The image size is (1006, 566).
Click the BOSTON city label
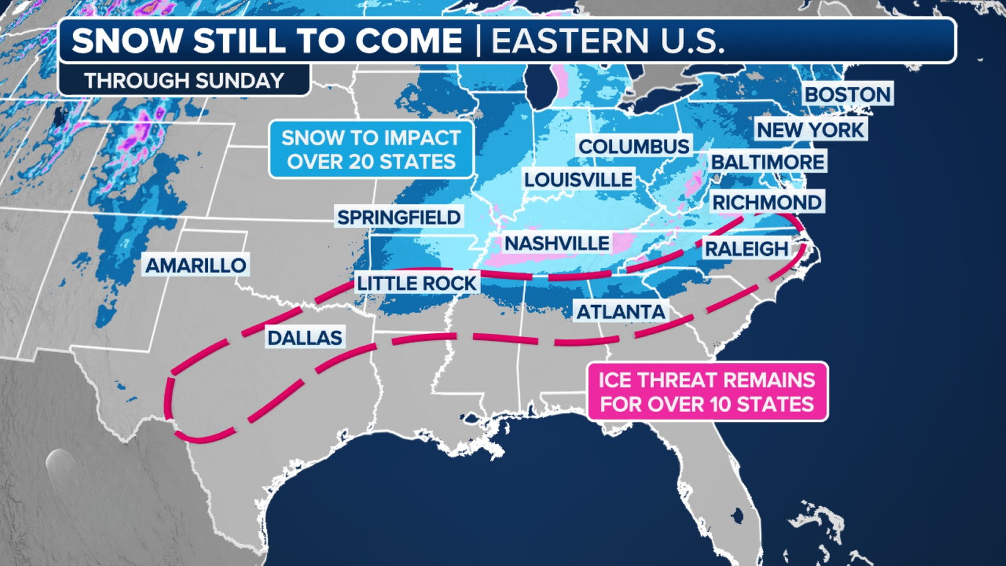tap(848, 94)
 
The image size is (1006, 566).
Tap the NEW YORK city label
tap(810, 130)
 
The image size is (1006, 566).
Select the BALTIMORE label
tap(767, 162)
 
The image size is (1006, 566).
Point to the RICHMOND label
tap(766, 202)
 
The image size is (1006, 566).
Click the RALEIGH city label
tap(746, 248)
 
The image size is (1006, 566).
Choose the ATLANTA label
tap(621, 311)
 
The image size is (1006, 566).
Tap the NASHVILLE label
tap(557, 243)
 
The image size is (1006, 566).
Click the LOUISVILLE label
tap(578, 179)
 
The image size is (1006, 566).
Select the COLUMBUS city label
tap(634, 146)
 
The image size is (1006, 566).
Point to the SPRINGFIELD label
tap(399, 217)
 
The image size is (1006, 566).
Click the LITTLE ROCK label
tap(417, 283)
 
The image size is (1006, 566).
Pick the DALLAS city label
tap(305, 338)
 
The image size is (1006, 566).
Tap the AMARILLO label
tap(196, 265)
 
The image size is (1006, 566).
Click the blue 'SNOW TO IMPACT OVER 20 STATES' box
tap(371, 150)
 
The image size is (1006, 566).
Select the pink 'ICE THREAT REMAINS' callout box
tap(707, 391)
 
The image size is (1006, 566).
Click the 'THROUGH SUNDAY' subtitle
tap(184, 80)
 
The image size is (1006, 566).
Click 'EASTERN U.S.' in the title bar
tap(607, 41)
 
